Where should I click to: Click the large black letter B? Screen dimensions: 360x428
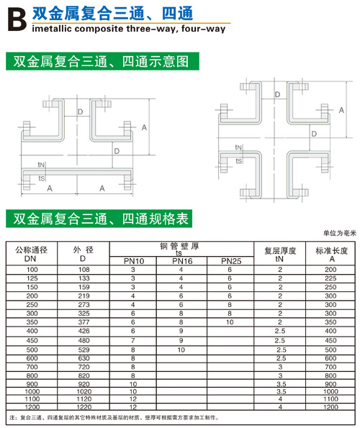17,19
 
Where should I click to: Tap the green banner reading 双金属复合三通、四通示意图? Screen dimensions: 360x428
102,61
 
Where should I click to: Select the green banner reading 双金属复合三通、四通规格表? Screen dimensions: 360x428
99,219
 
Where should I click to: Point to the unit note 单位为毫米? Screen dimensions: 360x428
340,233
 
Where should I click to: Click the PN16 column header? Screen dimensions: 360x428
182,261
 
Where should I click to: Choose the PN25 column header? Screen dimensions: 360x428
231,261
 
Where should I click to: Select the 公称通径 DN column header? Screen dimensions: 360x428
32,254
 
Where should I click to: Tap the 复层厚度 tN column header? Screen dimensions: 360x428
280,255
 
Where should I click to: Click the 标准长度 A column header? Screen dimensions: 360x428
332,255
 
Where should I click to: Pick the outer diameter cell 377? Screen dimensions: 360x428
84,322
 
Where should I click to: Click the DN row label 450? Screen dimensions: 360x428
32,340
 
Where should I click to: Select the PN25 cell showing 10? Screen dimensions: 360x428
230,322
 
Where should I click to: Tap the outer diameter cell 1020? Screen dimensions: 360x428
84,391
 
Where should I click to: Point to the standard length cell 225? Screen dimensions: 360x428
330,278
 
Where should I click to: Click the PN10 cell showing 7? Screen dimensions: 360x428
133,340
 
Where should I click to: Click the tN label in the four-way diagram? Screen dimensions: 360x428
238,147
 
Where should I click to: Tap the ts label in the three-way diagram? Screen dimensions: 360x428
42,178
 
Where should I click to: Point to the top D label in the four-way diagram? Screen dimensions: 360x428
277,94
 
